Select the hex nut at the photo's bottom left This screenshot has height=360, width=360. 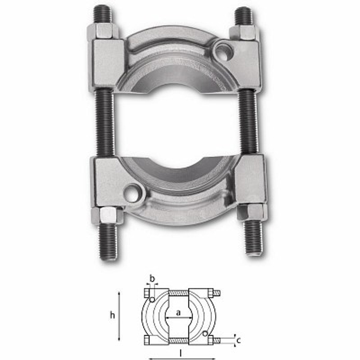point(107,215)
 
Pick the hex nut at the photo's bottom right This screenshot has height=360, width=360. point(252,211)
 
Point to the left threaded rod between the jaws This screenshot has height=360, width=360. point(104,123)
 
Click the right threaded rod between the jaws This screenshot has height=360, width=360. point(248,122)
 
